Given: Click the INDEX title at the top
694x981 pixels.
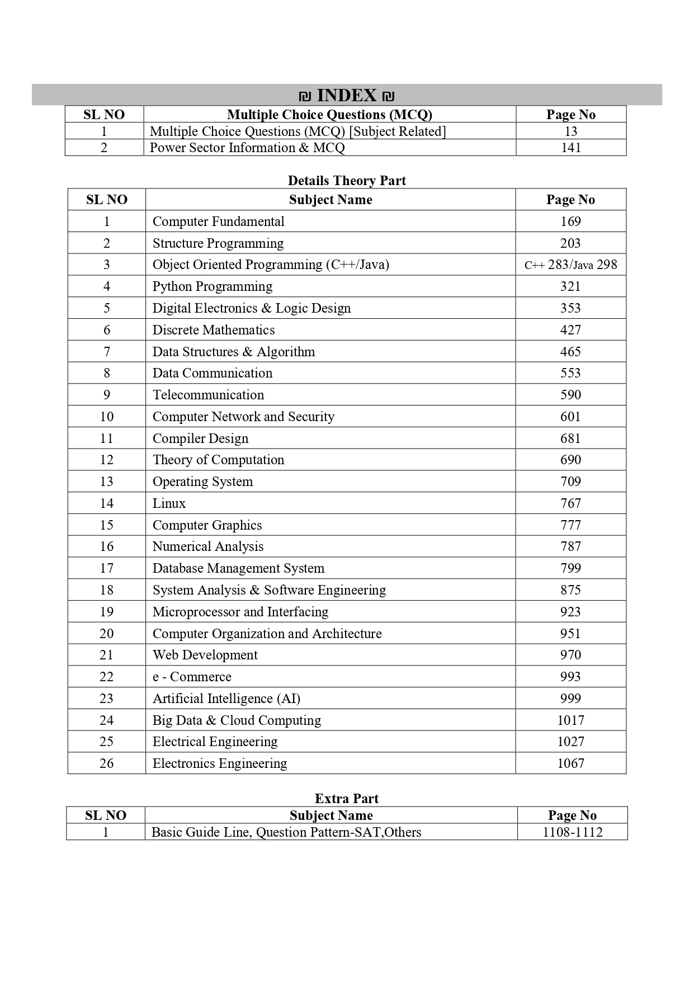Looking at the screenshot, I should point(347,96).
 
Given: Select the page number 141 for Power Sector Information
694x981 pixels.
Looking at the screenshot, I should point(570,148).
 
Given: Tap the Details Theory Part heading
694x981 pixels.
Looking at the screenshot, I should point(347,181).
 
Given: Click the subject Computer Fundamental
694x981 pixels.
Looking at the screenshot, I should point(218,221).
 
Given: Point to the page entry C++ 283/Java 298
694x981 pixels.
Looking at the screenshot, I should point(570,265).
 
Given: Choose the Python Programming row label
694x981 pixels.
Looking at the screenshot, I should point(213,286).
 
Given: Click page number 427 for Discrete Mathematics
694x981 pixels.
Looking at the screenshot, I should point(570,330).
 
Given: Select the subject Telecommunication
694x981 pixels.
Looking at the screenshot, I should point(208,395).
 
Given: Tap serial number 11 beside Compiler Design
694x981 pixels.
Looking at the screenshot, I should point(106,438).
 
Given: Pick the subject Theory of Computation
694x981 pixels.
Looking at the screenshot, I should point(218,460).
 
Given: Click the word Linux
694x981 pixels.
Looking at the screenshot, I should point(169,503).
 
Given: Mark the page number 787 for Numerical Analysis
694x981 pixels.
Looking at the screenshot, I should point(570,546).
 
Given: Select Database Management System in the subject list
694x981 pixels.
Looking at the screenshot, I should point(238,568).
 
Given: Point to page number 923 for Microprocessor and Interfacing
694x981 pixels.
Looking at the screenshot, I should point(570,612).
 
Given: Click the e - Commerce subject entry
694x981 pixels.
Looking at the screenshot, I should point(192,677).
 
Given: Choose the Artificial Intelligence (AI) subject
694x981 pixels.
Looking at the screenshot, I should point(226,699).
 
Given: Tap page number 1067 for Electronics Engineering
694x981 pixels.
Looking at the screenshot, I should point(570,763).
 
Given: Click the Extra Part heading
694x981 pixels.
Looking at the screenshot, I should point(347,799).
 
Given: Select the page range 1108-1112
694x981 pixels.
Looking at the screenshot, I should point(573,832).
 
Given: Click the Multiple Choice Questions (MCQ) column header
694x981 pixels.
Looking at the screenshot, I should point(329,115).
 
